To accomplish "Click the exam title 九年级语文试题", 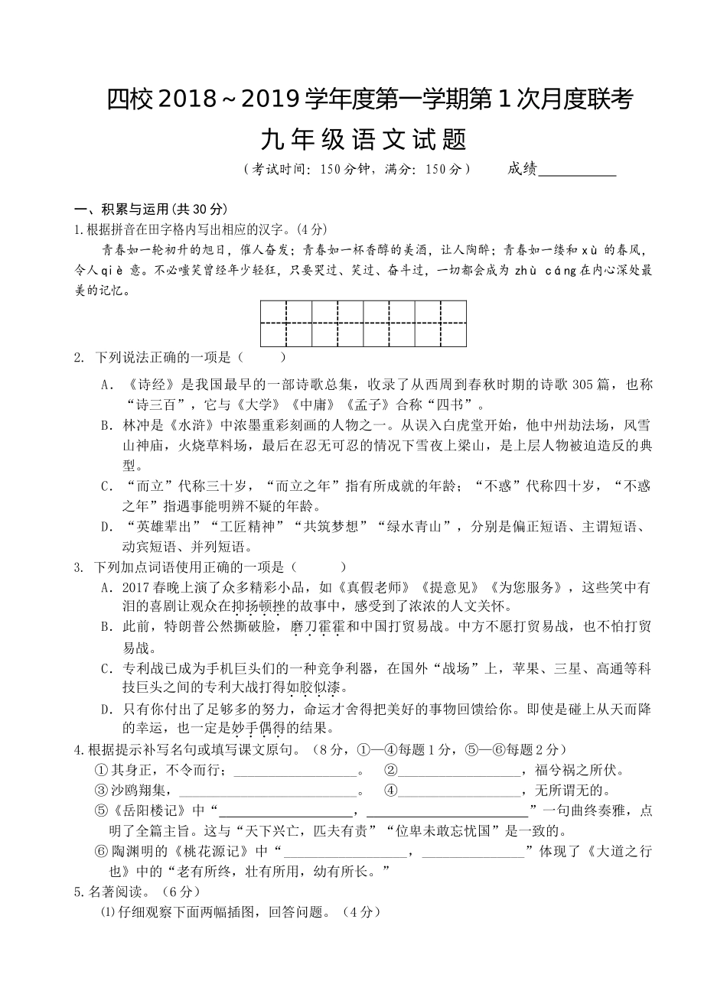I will pos(363,140).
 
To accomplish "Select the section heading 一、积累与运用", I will pos(149,210).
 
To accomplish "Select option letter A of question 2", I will pos(106,385).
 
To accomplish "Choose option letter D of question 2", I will pos(106,527).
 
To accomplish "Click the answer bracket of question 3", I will pos(318,567).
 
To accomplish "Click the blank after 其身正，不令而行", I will pos(295,771).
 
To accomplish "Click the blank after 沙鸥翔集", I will pos(271,791).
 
